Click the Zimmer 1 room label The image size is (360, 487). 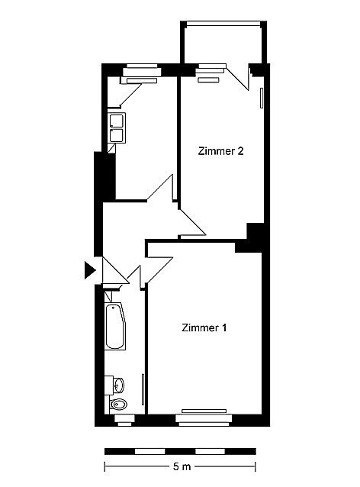point(204,327)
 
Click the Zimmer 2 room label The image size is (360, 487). point(220,151)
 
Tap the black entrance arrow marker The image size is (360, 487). point(90,270)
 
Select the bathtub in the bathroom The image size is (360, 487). point(115,326)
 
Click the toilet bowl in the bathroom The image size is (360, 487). point(118,404)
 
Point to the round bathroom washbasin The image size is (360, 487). point(118,385)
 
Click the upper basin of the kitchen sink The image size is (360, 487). point(117,121)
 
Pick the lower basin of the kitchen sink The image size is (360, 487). point(117,135)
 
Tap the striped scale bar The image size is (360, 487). point(180,451)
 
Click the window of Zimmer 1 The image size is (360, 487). point(204,418)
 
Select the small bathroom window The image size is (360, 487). point(125,420)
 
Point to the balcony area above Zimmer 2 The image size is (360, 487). point(223,44)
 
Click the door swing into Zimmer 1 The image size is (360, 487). point(159,269)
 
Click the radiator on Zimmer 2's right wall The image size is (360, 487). point(262,98)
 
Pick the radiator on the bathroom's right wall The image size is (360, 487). point(143,389)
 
